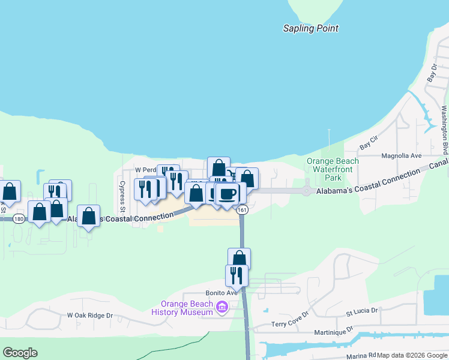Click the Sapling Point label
(310, 28)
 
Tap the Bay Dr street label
(431, 74)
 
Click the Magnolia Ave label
(403, 155)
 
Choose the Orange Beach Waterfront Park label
(333, 169)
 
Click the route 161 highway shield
(242, 210)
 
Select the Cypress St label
(122, 196)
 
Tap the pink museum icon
(221, 308)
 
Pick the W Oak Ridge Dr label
(90, 315)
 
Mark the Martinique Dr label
(331, 332)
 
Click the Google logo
(20, 353)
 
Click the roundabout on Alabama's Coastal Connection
(306, 191)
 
